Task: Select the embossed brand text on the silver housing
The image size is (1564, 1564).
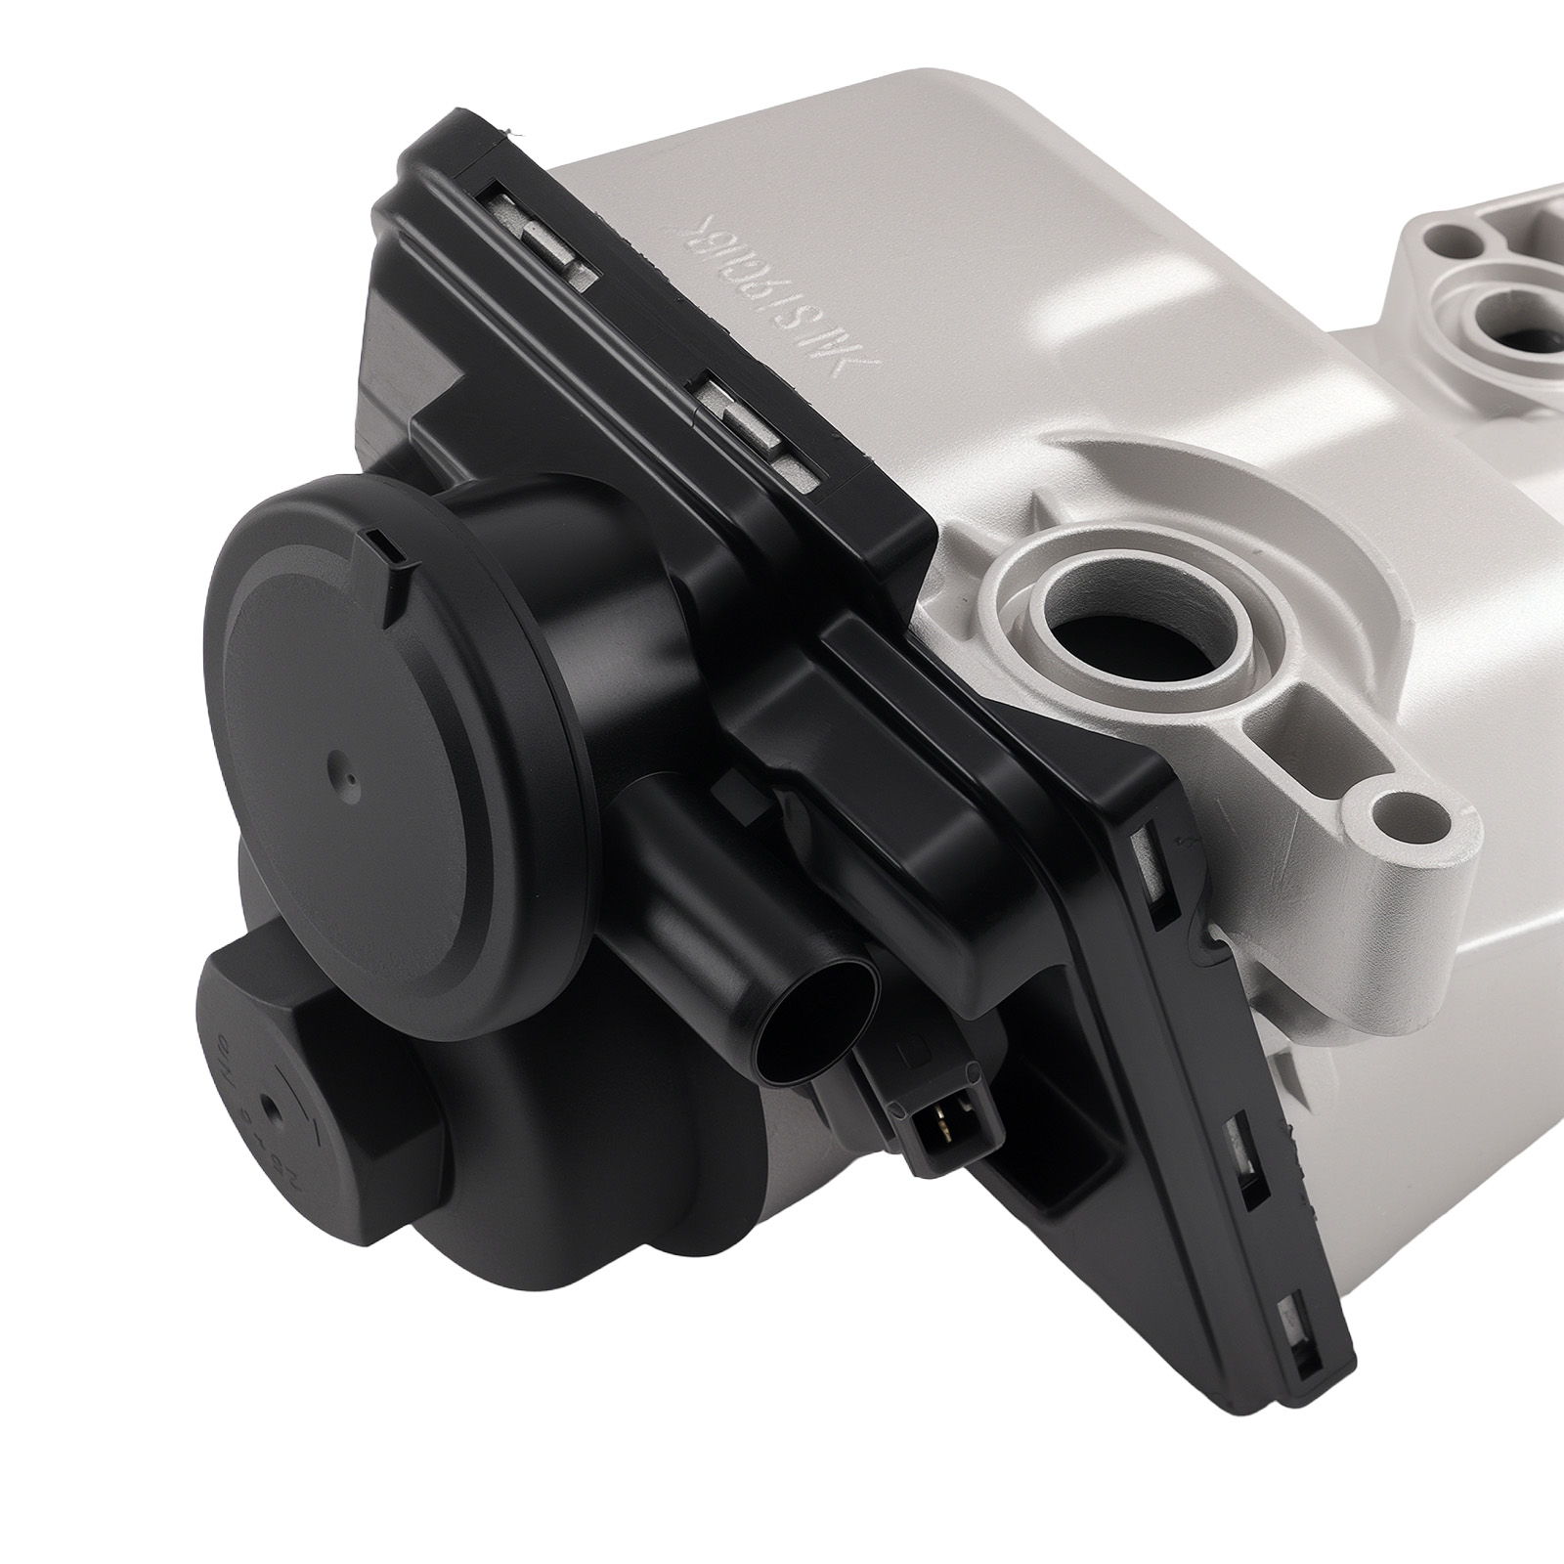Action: coord(772,289)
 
